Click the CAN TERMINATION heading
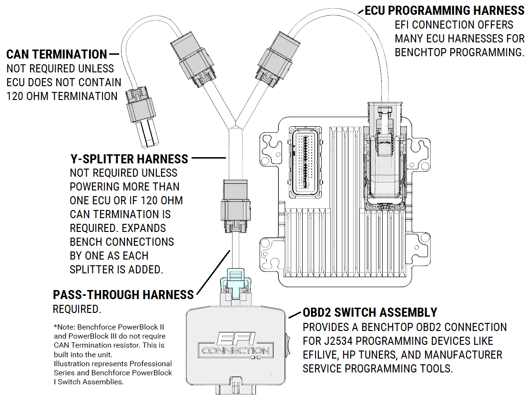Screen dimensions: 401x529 coord(57,55)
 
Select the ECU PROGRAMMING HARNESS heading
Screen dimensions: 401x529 coord(444,10)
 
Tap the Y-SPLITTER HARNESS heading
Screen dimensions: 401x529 coord(129,159)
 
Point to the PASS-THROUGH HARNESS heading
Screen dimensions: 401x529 coord(123,295)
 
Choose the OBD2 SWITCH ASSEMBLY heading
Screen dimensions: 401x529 coord(370,312)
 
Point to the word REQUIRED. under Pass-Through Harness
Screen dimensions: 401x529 coord(77,310)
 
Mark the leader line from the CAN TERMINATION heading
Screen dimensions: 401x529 coord(115,54)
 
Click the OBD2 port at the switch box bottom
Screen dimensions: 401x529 coord(236,387)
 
